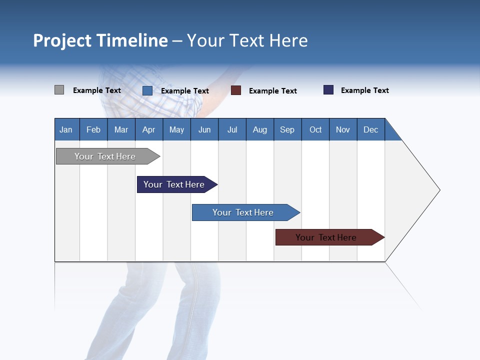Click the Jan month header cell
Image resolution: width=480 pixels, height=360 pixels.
(66, 129)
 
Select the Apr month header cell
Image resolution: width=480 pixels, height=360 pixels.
(149, 129)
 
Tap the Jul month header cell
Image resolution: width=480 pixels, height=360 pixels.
(232, 129)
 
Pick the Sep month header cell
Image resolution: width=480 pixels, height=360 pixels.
(287, 129)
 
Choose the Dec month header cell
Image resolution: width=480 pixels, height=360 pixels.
(370, 129)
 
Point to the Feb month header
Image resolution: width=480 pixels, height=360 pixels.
(93, 129)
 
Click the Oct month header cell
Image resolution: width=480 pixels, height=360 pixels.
(315, 129)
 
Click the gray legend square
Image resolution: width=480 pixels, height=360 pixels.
(59, 90)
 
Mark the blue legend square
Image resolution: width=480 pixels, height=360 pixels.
(147, 90)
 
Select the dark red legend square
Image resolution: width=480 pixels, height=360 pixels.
(236, 90)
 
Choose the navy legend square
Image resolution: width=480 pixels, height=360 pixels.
(328, 90)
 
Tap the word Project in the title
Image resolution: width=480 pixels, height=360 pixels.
(62, 40)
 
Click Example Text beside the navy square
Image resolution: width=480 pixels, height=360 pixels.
(364, 90)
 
